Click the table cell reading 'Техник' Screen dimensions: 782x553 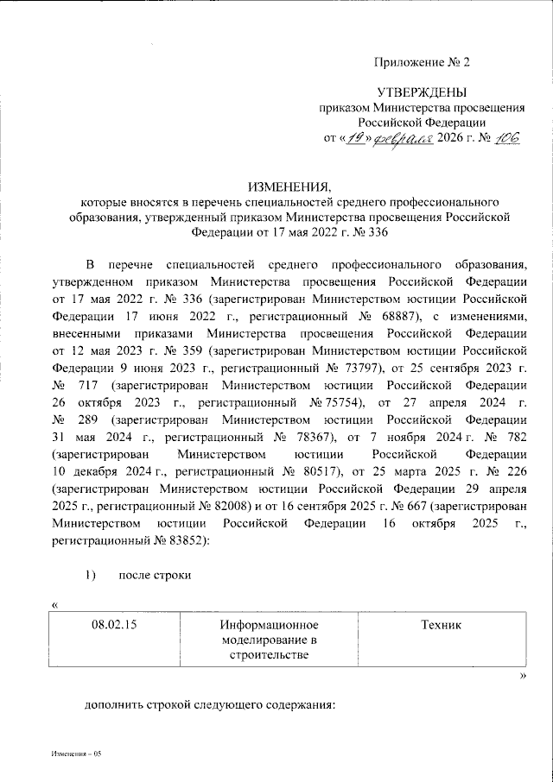tap(441, 624)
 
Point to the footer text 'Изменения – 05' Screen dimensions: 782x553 tap(75, 754)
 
